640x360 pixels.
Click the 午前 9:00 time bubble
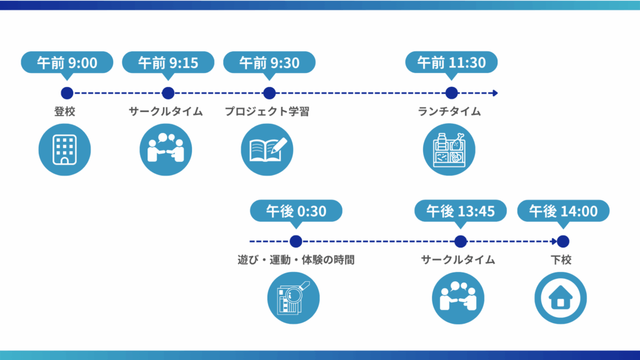coord(67,62)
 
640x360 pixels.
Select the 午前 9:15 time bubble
coord(168,62)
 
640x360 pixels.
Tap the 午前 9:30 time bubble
coord(269,62)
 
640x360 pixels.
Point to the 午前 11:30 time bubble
coord(451,62)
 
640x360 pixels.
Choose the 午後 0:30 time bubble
coord(296,211)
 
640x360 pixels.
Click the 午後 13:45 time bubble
coord(461,211)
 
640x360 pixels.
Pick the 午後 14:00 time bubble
coord(563,211)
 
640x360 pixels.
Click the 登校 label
coord(64,111)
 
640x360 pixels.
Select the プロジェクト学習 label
coord(267,111)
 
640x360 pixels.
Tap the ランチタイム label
coord(449,111)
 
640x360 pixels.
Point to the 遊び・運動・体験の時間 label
coord(296,259)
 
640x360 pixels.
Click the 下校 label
coord(561,259)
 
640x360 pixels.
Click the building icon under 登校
coord(64,150)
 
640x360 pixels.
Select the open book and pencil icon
coord(267,150)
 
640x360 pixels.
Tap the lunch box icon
coord(449,150)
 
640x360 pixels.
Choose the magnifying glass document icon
coord(294,298)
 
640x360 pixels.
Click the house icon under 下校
coord(561,298)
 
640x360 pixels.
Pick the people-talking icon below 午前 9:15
coord(166,150)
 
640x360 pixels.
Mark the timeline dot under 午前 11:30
coord(451,93)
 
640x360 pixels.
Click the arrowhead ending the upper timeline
coord(496,93)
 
